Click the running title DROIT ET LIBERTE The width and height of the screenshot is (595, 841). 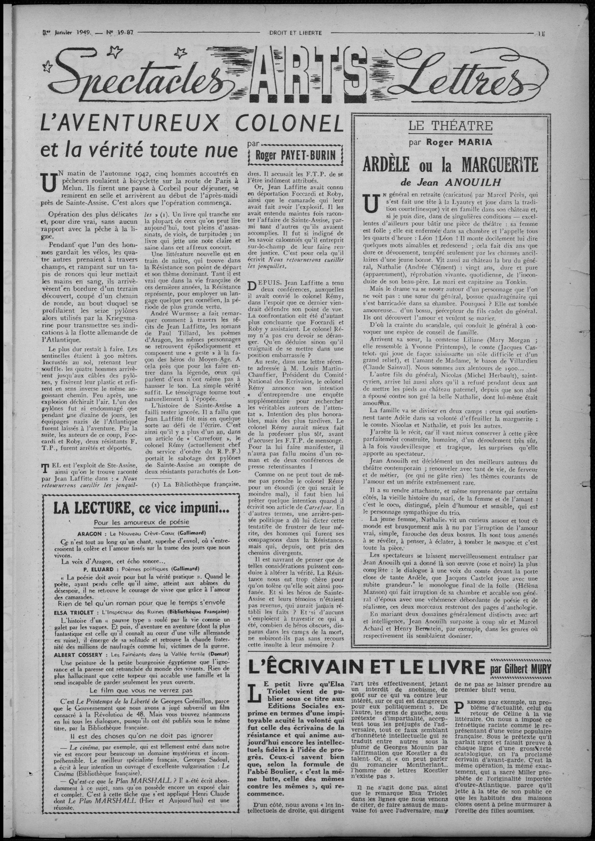[295, 33]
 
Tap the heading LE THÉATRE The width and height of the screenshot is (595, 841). [451, 126]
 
